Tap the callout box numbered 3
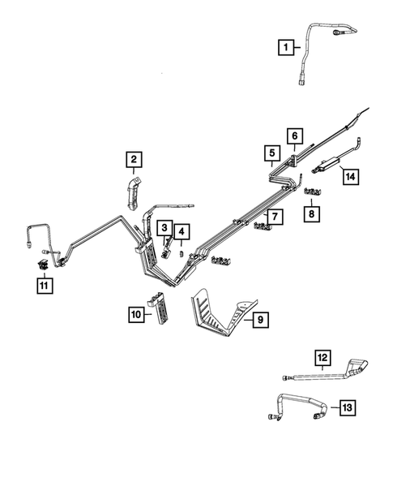point(164,229)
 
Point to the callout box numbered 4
point(182,233)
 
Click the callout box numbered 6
point(294,136)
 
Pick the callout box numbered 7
point(276,217)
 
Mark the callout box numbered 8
point(313,213)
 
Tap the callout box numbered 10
point(135,313)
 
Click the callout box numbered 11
point(43,284)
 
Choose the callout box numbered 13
point(348,407)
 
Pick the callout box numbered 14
point(349,174)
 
